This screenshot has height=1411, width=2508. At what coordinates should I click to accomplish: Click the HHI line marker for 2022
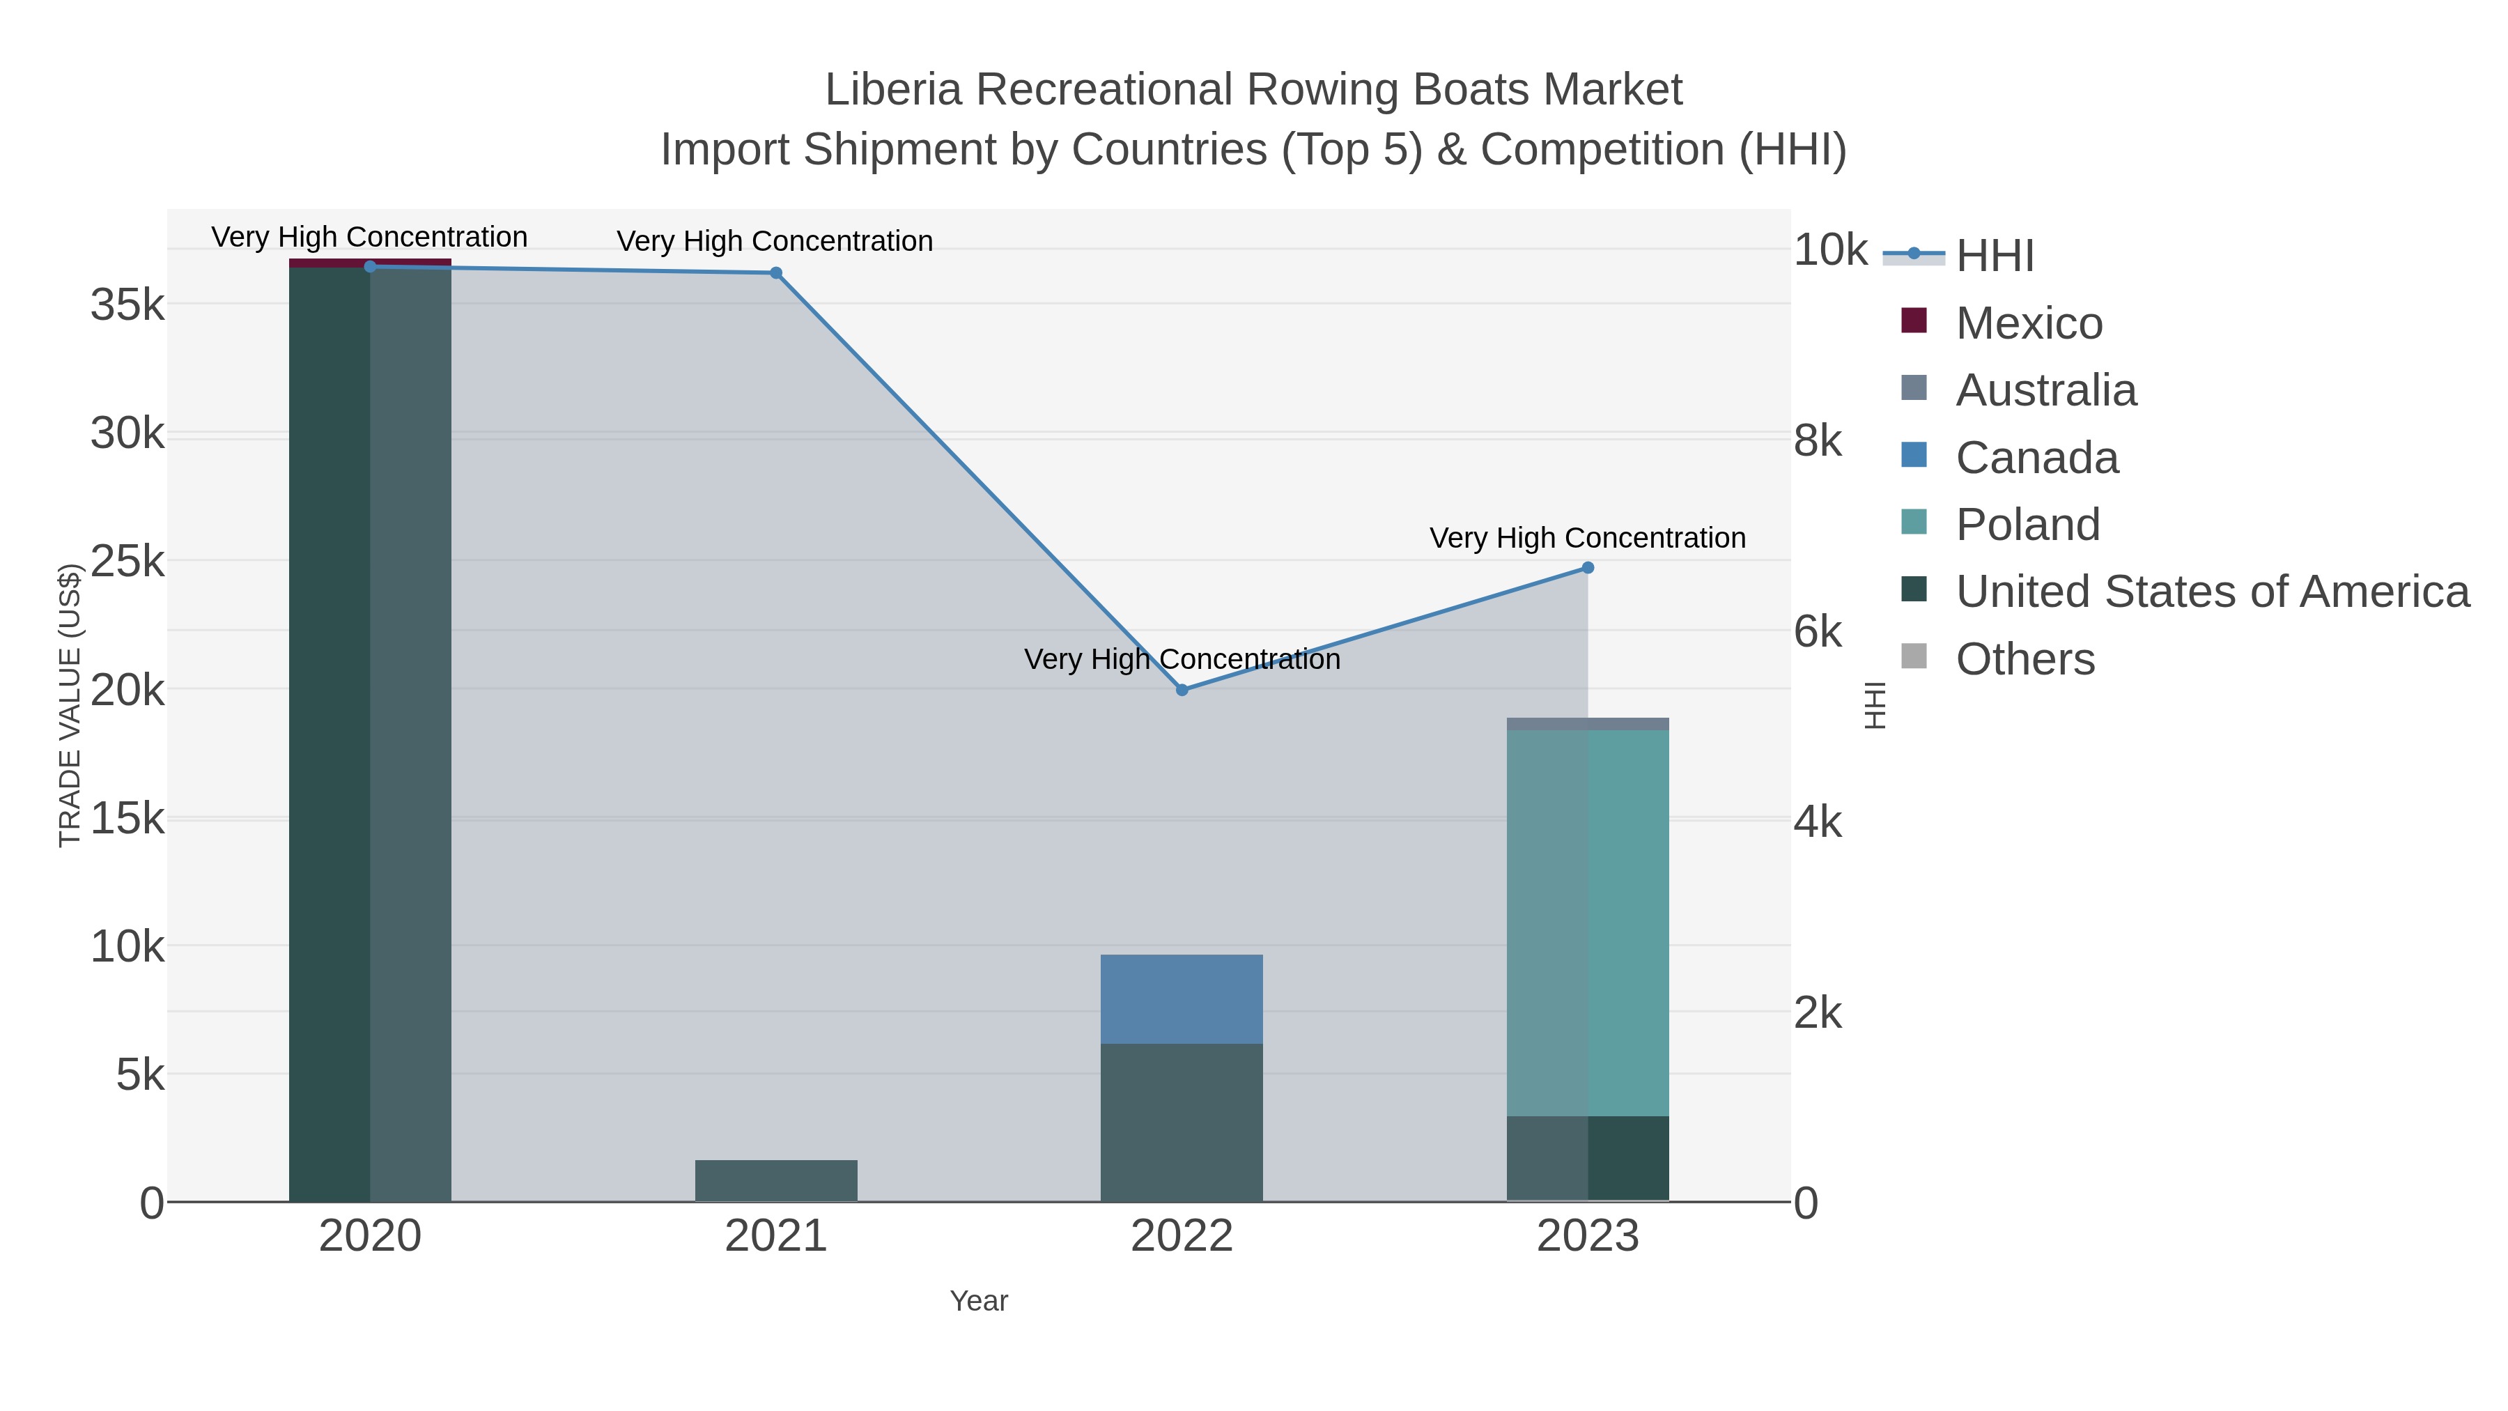click(x=1182, y=689)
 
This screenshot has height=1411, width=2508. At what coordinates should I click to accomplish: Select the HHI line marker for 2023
click(x=1588, y=568)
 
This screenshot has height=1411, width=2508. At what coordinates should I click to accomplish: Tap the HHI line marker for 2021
click(x=776, y=272)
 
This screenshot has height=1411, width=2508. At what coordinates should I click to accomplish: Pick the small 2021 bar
click(x=776, y=1180)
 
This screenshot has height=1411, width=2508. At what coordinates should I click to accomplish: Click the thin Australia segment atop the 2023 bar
click(x=1588, y=723)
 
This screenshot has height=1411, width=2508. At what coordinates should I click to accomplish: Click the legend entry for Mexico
click(x=2028, y=323)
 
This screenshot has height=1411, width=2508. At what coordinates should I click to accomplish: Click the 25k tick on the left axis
click(x=127, y=562)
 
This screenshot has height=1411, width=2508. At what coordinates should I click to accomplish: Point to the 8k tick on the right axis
click(x=1817, y=441)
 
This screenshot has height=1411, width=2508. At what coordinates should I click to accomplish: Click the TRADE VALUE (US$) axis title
click(x=70, y=705)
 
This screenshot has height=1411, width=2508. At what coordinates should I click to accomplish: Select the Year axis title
click(x=979, y=1301)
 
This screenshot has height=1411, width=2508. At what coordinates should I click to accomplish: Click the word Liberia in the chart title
click(x=893, y=91)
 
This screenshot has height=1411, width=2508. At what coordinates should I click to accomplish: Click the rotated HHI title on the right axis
click(x=1875, y=705)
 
